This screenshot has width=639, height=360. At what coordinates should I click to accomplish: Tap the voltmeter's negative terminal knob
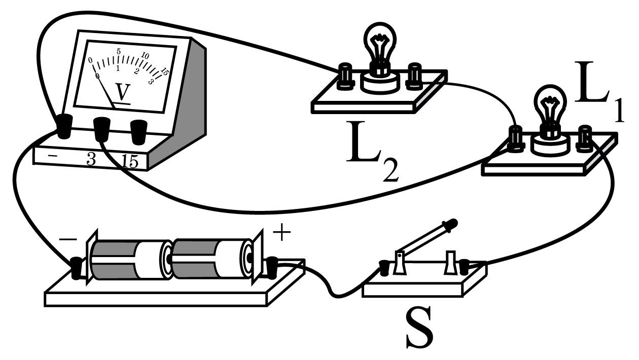click(x=65, y=126)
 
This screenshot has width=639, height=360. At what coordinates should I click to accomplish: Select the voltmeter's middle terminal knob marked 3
click(x=101, y=129)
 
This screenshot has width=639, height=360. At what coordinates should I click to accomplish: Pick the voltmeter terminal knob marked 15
click(x=138, y=132)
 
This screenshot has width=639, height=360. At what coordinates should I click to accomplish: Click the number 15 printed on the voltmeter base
click(x=130, y=161)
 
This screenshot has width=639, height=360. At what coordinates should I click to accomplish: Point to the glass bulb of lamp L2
click(x=380, y=43)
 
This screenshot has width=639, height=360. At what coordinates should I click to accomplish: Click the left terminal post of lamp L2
click(x=345, y=77)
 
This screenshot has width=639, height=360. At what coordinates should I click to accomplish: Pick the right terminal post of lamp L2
click(x=414, y=77)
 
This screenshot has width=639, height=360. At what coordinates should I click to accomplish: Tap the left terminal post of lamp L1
click(x=516, y=139)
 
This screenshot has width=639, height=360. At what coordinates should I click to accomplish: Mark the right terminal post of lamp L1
click(x=585, y=139)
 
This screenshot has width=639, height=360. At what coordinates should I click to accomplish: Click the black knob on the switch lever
click(x=450, y=224)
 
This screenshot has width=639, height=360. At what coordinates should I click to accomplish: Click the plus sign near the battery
click(x=282, y=231)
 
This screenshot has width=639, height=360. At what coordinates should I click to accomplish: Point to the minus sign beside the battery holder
click(x=68, y=239)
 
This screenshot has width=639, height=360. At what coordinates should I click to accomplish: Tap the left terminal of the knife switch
click(x=384, y=268)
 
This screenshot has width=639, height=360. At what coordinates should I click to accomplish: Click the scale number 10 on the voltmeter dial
click(x=145, y=56)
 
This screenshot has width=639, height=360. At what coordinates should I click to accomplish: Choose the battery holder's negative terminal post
click(x=76, y=268)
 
